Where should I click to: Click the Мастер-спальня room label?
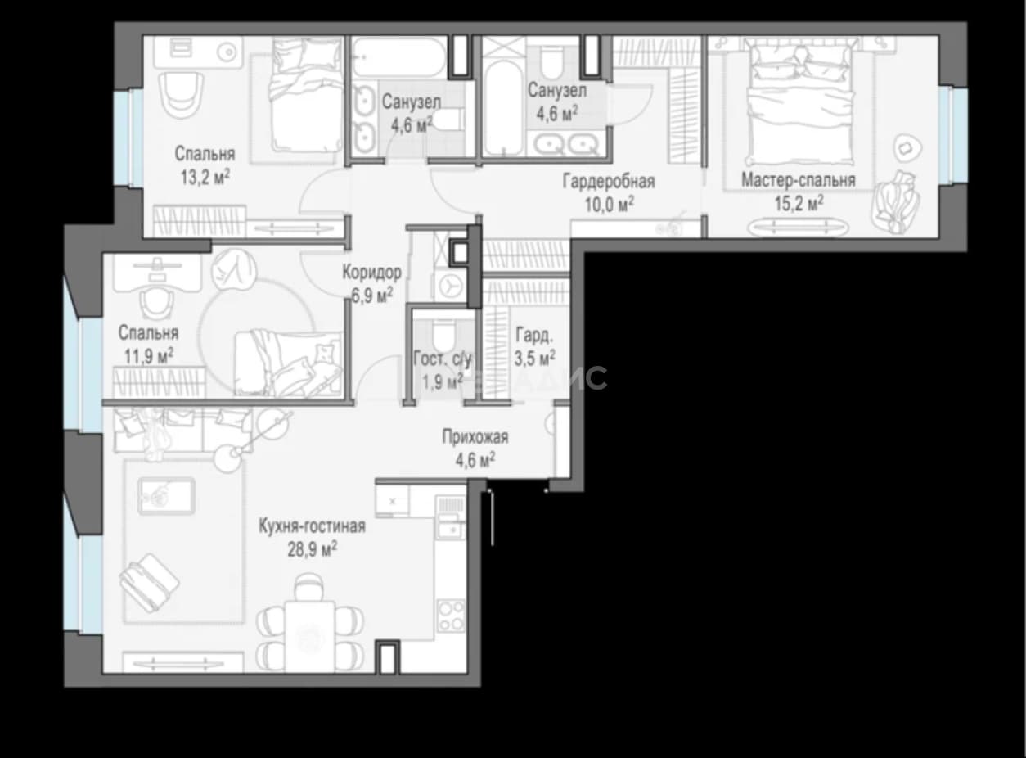tap(799, 180)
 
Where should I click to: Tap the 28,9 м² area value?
tap(313, 550)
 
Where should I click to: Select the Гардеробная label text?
tap(609, 182)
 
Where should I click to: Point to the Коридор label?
tap(372, 273)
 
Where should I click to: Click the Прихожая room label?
tap(475, 437)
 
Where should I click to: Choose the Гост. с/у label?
tap(442, 359)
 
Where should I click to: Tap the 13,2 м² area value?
tap(205, 177)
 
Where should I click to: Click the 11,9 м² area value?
tap(149, 356)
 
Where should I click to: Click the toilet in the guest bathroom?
tap(443, 336)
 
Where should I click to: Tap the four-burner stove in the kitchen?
tap(451, 616)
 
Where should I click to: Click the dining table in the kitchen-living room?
tap(309, 637)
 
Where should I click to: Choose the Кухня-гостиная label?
tap(312, 526)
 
